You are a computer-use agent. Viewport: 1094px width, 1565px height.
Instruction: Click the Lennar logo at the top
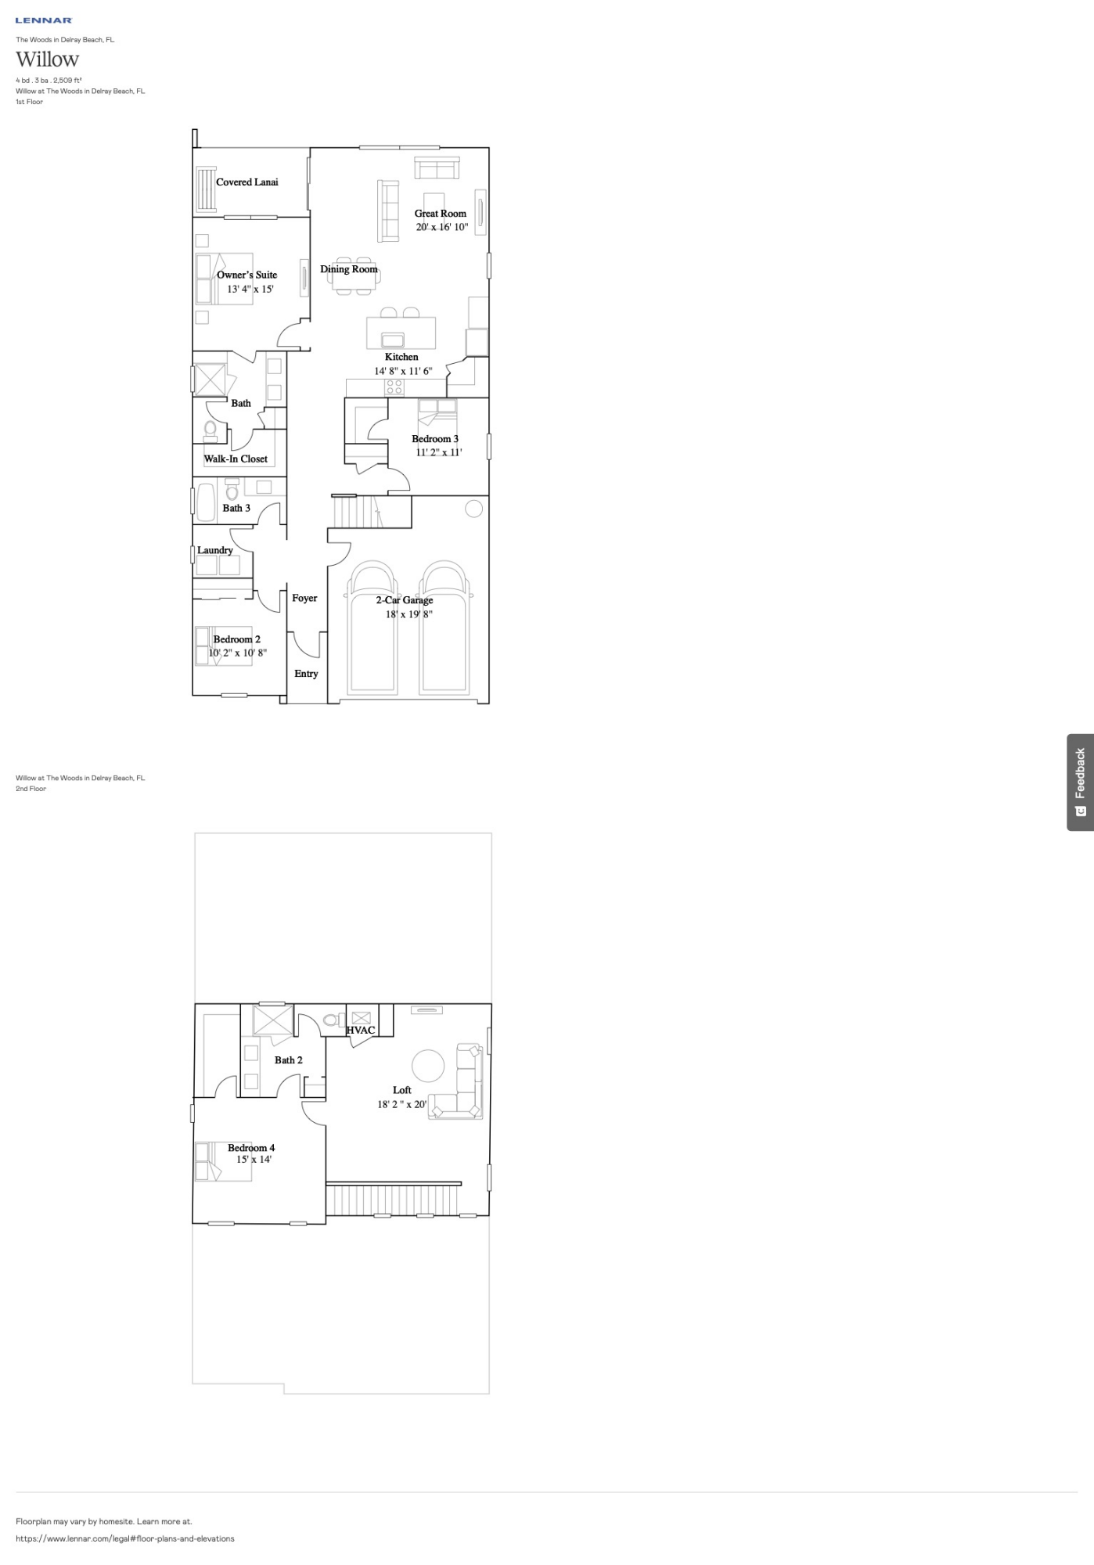pyautogui.click(x=44, y=20)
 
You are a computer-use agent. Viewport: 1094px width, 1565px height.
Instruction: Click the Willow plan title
pyautogui.click(x=48, y=59)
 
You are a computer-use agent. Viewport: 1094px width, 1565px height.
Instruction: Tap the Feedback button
pyautogui.click(x=1080, y=782)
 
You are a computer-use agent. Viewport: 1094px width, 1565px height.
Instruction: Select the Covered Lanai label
pyautogui.click(x=247, y=182)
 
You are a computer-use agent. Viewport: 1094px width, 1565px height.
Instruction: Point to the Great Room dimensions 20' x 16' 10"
pyautogui.click(x=441, y=227)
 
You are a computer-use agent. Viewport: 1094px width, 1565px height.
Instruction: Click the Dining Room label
pyautogui.click(x=348, y=269)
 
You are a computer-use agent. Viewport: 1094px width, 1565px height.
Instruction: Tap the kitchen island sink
pyautogui.click(x=392, y=340)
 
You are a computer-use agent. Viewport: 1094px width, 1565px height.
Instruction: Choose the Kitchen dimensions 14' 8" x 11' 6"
pyautogui.click(x=402, y=371)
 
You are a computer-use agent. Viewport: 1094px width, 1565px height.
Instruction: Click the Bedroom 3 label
pyautogui.click(x=435, y=439)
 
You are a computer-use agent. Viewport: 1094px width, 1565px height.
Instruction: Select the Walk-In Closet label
pyautogui.click(x=236, y=459)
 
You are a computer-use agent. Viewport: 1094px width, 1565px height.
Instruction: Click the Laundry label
pyautogui.click(x=214, y=550)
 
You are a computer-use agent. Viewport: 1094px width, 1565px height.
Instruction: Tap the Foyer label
pyautogui.click(x=304, y=598)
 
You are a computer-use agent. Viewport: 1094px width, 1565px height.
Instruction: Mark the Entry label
pyautogui.click(x=306, y=674)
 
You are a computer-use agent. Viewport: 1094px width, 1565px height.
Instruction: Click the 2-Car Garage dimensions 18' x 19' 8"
pyautogui.click(x=408, y=614)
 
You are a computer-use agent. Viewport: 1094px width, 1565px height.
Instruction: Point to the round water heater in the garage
pyautogui.click(x=473, y=509)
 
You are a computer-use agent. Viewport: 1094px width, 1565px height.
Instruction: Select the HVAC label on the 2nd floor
pyautogui.click(x=361, y=1030)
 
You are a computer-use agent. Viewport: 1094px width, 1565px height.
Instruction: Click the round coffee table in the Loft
pyautogui.click(x=428, y=1065)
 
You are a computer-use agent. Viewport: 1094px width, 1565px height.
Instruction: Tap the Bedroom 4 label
pyautogui.click(x=251, y=1148)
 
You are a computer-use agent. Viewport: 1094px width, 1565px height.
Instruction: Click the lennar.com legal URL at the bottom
pyautogui.click(x=125, y=1538)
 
